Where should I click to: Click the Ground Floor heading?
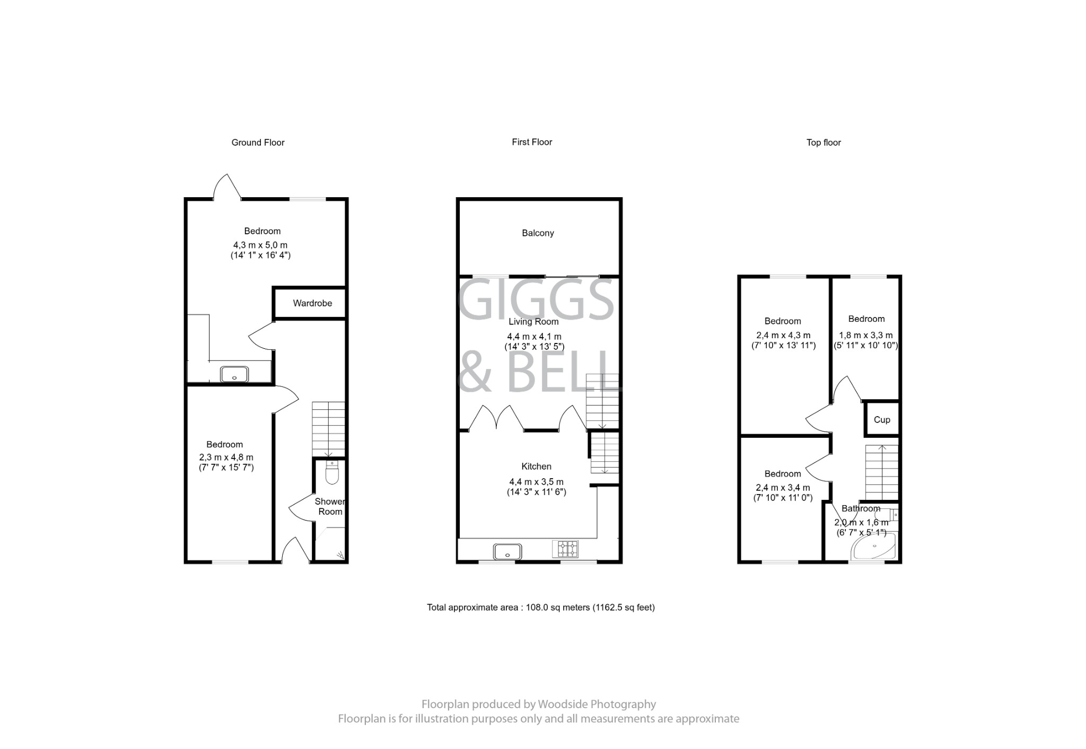(258, 143)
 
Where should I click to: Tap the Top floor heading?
(823, 143)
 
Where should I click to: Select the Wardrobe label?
(312, 303)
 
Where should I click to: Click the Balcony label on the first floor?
(538, 233)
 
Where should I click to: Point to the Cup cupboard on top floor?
(881, 420)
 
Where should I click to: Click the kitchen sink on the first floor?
(507, 552)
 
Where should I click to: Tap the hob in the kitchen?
(565, 549)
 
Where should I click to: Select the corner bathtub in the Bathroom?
(874, 547)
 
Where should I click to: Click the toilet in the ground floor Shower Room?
(332, 474)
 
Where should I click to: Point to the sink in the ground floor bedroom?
(234, 374)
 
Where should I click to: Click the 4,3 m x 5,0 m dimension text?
(260, 245)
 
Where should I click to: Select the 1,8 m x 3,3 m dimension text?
(865, 336)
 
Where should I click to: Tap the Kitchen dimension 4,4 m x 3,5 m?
(536, 482)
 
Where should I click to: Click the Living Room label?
(533, 322)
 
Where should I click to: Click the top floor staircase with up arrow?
(882, 472)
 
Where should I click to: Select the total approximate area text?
(540, 607)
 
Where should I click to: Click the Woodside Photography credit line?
(538, 704)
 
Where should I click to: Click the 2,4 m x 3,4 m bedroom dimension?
(783, 488)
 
